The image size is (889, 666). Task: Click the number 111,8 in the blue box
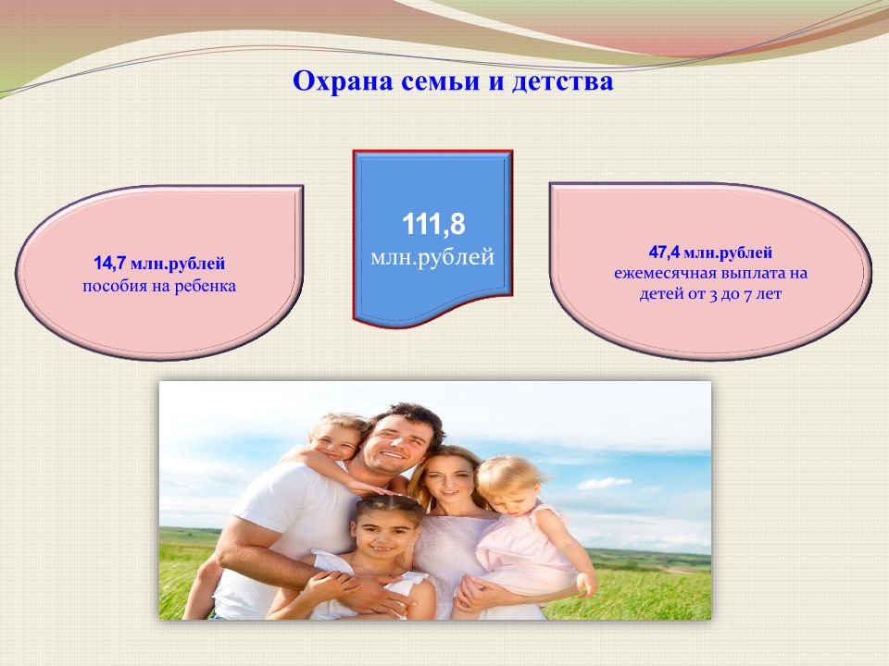click(433, 224)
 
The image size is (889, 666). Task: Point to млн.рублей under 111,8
click(432, 257)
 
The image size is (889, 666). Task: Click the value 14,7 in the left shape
click(109, 264)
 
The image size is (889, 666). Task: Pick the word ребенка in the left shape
click(205, 286)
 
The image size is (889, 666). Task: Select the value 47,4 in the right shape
click(665, 252)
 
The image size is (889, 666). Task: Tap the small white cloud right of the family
click(605, 483)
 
